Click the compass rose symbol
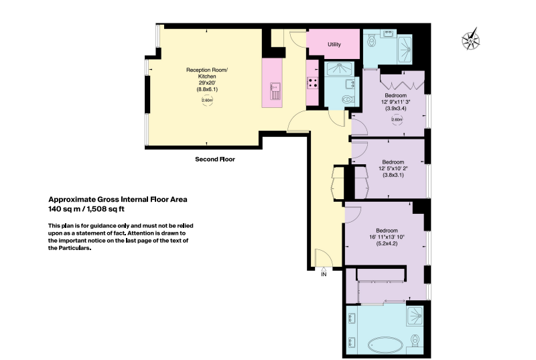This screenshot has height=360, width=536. [471, 40]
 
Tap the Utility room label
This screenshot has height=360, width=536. [334, 44]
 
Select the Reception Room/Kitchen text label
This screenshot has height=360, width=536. [207, 73]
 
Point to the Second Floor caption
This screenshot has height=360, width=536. [215, 160]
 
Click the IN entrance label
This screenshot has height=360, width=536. [324, 274]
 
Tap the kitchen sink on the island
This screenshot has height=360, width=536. [275, 91]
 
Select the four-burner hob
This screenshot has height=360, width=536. [313, 83]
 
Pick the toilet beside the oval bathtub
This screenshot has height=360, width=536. [415, 340]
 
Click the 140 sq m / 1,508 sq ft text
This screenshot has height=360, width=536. [86, 209]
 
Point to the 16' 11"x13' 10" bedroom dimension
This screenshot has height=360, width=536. [387, 237]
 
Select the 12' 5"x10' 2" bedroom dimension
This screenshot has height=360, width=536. [393, 168]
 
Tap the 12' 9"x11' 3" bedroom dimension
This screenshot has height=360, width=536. [396, 102]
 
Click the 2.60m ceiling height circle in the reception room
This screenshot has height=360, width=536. [207, 100]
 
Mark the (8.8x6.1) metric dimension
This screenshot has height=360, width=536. [207, 90]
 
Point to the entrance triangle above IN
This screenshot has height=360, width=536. [324, 269]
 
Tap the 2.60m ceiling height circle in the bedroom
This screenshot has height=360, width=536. [397, 119]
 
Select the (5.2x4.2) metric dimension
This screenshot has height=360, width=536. [387, 244]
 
